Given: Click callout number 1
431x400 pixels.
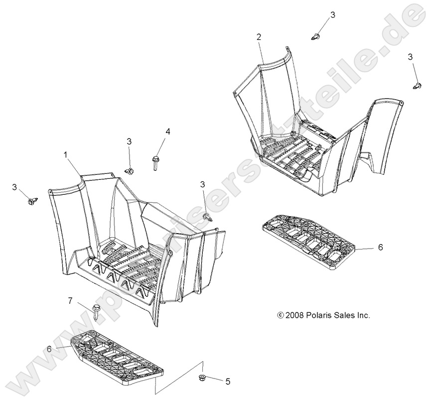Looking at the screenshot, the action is pos(66,155).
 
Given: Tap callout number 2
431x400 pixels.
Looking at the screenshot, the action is pos(259,37).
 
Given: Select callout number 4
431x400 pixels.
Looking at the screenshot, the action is pos(167,132).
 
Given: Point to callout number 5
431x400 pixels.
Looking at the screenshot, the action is pos(228,382).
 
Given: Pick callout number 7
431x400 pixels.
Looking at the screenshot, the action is pos(70,301).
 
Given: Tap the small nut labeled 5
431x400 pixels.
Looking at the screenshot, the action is pos(201,378).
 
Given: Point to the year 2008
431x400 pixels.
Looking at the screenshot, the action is pos(294,315).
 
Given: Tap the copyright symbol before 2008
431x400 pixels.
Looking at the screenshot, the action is pos(281,315).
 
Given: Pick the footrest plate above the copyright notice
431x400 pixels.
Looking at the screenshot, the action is pos(309,241).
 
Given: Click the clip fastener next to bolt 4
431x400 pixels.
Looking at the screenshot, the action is pos(129,171).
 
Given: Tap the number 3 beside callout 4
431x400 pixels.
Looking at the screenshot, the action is pos(129,142).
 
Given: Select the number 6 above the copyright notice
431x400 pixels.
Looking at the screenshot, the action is pos(380,247).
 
